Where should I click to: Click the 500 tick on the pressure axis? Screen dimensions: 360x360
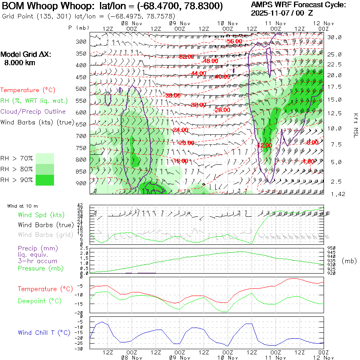click(x=82, y=88)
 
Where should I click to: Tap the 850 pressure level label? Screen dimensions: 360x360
click(x=82, y=172)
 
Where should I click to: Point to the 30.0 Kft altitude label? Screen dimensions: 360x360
click(x=334, y=37)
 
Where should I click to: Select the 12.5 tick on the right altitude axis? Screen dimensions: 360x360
click(x=334, y=113)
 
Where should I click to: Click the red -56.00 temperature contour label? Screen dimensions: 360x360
click(x=234, y=41)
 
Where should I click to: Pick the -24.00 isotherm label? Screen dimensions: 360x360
click(x=180, y=130)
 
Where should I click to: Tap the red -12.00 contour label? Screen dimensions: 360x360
click(x=264, y=145)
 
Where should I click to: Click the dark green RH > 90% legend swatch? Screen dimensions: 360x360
click(x=45, y=180)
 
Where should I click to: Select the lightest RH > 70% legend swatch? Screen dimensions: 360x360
click(x=45, y=159)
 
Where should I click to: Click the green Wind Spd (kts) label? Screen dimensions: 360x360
click(x=41, y=215)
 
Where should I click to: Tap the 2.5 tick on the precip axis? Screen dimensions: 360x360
click(x=84, y=248)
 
